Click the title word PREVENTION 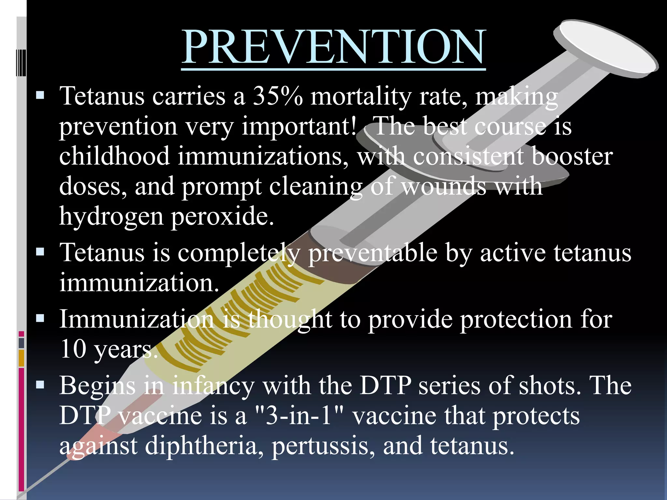tap(333, 47)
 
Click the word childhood tap(114, 156)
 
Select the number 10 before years tap(73, 349)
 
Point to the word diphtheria tap(204, 446)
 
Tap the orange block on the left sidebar tap(21, 358)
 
